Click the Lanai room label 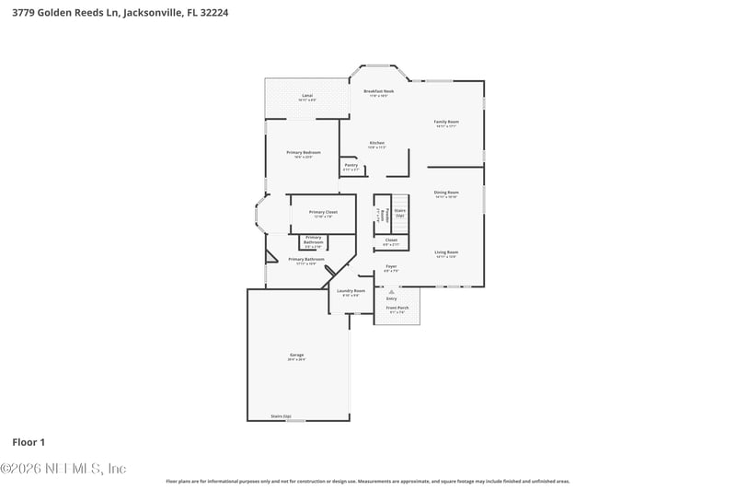[x=307, y=96]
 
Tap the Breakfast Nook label [x=378, y=91]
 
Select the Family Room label [x=446, y=122]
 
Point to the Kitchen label [x=376, y=143]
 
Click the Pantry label [x=351, y=165]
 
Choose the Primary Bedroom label [x=304, y=152]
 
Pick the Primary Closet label [x=323, y=212]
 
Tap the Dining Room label [x=446, y=193]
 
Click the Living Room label [x=446, y=251]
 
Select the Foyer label [x=391, y=266]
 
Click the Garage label [x=296, y=355]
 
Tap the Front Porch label [x=397, y=309]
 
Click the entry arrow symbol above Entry [x=391, y=290]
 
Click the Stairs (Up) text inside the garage [x=281, y=415]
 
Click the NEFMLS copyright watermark [x=63, y=469]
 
